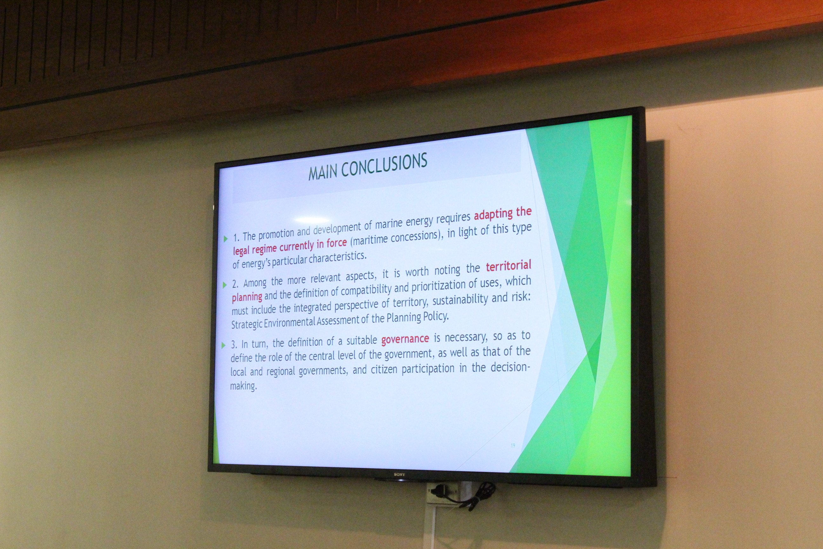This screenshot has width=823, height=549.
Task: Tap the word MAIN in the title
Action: click(323, 172)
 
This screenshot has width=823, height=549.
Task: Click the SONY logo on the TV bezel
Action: click(399, 474)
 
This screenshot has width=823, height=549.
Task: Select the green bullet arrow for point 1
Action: click(226, 239)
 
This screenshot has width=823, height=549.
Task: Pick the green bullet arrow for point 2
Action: click(225, 285)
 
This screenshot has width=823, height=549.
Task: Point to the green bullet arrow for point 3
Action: click(224, 345)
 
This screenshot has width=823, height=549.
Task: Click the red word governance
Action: click(405, 339)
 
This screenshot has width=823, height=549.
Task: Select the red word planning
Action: click(247, 297)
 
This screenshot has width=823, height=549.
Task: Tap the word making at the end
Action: click(243, 386)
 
